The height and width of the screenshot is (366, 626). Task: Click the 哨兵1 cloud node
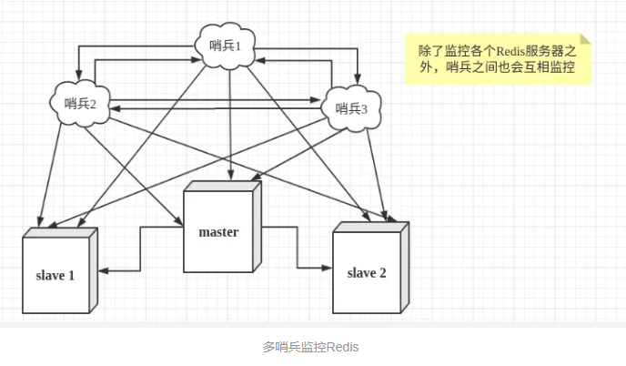click(x=225, y=46)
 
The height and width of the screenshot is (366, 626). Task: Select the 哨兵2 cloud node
click(x=80, y=104)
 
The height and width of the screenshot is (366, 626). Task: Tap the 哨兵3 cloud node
click(x=351, y=108)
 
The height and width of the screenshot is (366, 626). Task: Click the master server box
click(x=222, y=227)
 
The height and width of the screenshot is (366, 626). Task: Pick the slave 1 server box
click(x=60, y=270)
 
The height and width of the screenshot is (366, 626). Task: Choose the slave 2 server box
click(x=371, y=268)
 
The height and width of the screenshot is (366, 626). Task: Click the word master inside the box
click(x=218, y=232)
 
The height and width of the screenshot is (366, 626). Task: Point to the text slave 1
click(x=56, y=275)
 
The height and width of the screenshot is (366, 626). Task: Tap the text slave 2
click(x=367, y=273)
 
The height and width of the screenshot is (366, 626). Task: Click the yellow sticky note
click(x=498, y=59)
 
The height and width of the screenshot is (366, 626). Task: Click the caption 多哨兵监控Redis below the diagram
click(x=310, y=347)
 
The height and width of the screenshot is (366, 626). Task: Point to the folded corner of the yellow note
click(x=586, y=39)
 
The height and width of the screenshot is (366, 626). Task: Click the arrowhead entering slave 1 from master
click(x=103, y=270)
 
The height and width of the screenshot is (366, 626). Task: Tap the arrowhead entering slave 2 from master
click(x=328, y=268)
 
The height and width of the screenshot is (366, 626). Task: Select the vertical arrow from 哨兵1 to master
click(x=230, y=125)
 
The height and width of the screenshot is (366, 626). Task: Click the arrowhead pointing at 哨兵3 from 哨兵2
click(x=316, y=100)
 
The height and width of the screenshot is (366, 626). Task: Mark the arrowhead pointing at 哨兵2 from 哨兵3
click(x=116, y=108)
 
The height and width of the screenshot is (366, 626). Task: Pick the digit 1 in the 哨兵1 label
click(x=238, y=46)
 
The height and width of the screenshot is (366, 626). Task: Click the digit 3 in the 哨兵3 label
click(x=364, y=109)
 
